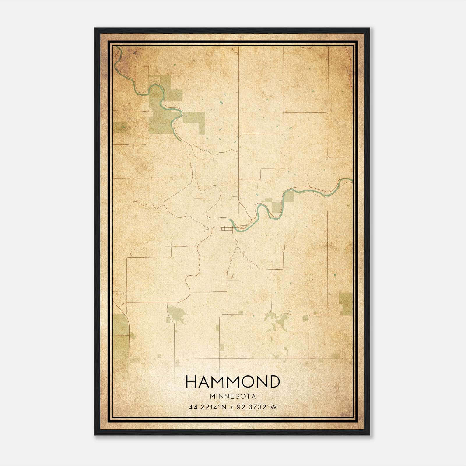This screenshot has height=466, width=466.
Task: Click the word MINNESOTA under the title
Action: (233, 396)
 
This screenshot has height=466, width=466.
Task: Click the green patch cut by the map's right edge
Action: (346, 303)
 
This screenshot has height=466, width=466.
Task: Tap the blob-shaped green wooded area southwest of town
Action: (176, 314)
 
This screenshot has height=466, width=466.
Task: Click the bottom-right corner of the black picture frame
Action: (370, 435)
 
